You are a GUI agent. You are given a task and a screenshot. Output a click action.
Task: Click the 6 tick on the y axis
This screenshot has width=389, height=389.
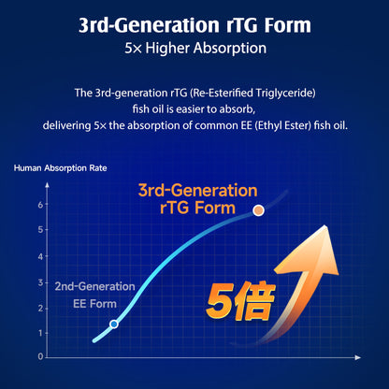coord(40,205)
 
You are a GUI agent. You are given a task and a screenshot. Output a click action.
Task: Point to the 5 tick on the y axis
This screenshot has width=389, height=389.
coord(40,230)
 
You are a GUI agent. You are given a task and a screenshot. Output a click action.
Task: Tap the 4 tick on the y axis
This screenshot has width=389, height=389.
coord(40,256)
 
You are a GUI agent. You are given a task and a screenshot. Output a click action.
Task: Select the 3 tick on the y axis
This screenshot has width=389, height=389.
coord(40,282)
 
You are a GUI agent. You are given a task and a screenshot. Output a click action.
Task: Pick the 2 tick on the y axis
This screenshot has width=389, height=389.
coord(40,309)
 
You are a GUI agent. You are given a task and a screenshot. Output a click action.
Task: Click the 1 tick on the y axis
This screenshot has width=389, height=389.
coord(40,333)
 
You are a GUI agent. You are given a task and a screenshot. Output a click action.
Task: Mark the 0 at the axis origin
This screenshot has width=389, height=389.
coord(40,356)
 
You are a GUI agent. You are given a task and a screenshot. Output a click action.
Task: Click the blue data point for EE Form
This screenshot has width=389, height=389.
coord(114,324)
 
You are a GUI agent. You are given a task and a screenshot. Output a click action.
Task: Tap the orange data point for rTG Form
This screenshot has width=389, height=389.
coord(258,210)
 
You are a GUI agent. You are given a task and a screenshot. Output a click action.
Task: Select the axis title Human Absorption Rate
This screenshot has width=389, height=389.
coord(61,168)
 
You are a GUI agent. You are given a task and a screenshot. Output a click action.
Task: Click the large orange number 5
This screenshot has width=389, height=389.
coord(220,302)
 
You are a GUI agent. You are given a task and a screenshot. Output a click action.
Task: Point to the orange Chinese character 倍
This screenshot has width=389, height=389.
coord(254,301)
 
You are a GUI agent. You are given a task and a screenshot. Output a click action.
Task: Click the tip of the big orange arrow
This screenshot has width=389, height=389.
coord(325,225)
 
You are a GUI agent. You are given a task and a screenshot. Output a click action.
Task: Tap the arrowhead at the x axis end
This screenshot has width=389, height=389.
coord(358,357)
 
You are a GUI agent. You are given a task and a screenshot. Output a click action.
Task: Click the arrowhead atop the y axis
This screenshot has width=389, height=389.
coord(47,185)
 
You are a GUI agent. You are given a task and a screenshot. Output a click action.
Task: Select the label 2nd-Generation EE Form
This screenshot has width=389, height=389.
coord(95,295)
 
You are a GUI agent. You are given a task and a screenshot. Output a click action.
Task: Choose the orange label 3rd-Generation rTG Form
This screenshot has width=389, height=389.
coord(197,199)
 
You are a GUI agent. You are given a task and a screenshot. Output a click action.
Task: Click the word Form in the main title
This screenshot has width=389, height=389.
coord(288,25)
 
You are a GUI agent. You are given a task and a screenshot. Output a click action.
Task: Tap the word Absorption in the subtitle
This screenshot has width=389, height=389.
coord(230,49)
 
